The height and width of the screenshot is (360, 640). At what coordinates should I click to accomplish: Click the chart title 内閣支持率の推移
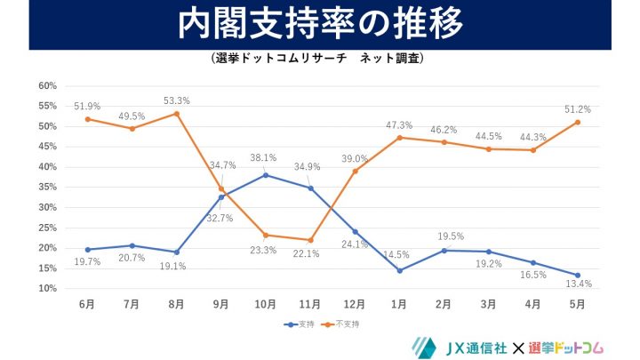[x=320, y=25]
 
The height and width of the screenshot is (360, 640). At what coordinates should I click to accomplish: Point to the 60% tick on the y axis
[x=47, y=86]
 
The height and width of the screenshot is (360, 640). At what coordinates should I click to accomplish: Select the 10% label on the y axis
[x=47, y=289]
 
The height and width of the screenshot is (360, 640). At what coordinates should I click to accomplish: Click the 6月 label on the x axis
[x=87, y=304]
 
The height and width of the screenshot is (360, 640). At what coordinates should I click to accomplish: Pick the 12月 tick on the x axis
[x=355, y=304]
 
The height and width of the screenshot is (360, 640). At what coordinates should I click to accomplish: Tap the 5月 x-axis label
[x=577, y=304]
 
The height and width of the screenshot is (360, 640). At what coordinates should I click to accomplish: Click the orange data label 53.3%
[x=177, y=100]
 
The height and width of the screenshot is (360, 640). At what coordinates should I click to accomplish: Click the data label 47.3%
[x=399, y=125]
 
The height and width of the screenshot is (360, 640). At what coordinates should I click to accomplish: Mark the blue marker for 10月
[x=265, y=175]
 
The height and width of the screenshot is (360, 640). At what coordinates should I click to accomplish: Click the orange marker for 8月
[x=177, y=114]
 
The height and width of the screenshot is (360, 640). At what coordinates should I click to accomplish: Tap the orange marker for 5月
[x=577, y=122]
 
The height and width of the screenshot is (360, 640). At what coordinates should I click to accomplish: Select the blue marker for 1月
[x=399, y=270]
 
